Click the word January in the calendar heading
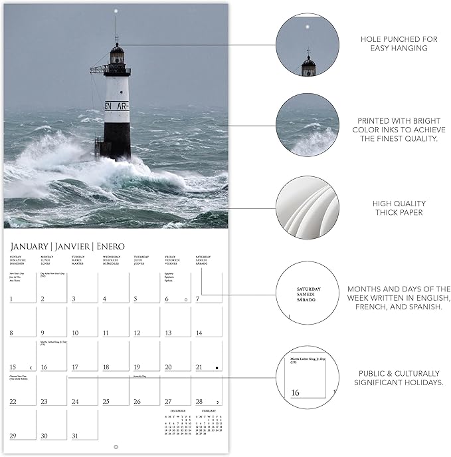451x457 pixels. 27,246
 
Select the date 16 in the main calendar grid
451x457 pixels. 44,367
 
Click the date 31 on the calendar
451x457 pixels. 75,436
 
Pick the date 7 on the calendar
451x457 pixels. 198,299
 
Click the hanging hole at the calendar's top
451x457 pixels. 116,11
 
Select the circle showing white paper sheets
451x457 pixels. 307,208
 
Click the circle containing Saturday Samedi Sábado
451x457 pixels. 307,294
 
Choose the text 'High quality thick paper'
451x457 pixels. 399,208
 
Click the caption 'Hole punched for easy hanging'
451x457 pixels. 399,44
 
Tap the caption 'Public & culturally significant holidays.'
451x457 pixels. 399,378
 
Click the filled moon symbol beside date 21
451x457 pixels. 217,367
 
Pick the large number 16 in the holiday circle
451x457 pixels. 295,392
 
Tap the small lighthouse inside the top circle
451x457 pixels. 308,63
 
